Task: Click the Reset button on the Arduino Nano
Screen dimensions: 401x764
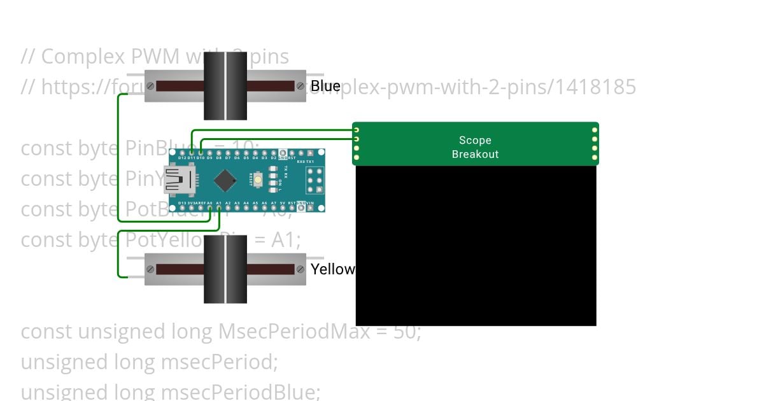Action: point(258,180)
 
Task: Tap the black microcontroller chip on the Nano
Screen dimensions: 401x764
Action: point(225,181)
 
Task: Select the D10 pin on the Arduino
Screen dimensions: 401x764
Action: point(201,153)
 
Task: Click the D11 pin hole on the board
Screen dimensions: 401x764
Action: point(192,153)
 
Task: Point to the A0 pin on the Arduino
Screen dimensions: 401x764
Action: point(209,208)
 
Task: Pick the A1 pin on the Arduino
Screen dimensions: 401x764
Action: point(219,208)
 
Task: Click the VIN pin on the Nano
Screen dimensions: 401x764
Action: point(310,208)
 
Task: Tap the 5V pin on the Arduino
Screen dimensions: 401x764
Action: point(283,208)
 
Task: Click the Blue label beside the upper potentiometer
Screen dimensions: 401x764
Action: point(325,86)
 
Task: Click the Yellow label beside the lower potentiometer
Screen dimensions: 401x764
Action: point(332,269)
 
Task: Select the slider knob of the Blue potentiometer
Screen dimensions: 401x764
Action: point(225,86)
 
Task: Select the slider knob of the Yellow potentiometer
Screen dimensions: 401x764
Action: point(225,269)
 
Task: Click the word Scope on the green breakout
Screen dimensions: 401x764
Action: point(475,140)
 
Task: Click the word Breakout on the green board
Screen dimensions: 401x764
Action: point(475,154)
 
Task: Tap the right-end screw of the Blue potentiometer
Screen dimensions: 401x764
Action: point(299,86)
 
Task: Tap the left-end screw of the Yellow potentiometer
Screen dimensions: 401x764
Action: point(150,269)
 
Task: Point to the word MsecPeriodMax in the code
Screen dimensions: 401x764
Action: point(294,332)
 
